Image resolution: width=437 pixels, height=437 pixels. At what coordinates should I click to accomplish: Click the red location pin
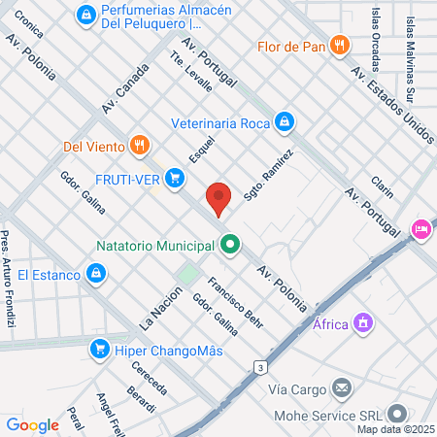(219, 197)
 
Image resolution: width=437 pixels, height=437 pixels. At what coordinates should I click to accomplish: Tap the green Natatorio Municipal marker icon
(230, 245)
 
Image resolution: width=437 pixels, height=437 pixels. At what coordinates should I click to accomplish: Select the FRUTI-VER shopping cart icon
(175, 178)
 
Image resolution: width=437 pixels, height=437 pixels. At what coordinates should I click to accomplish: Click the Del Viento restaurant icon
(141, 147)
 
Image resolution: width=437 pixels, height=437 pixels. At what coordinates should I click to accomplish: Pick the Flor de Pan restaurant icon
(339, 45)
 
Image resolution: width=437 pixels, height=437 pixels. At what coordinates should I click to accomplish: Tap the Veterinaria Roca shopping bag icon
(284, 122)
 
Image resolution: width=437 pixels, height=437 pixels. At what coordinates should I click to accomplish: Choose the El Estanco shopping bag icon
(94, 276)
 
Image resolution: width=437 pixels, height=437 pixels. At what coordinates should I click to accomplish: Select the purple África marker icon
(363, 323)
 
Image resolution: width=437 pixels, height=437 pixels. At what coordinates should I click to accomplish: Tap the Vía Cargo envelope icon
(341, 388)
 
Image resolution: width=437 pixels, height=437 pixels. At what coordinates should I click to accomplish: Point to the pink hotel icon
(421, 230)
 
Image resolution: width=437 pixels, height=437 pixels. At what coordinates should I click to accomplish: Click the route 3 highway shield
(259, 367)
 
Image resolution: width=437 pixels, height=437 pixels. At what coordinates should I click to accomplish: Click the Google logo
(32, 424)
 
